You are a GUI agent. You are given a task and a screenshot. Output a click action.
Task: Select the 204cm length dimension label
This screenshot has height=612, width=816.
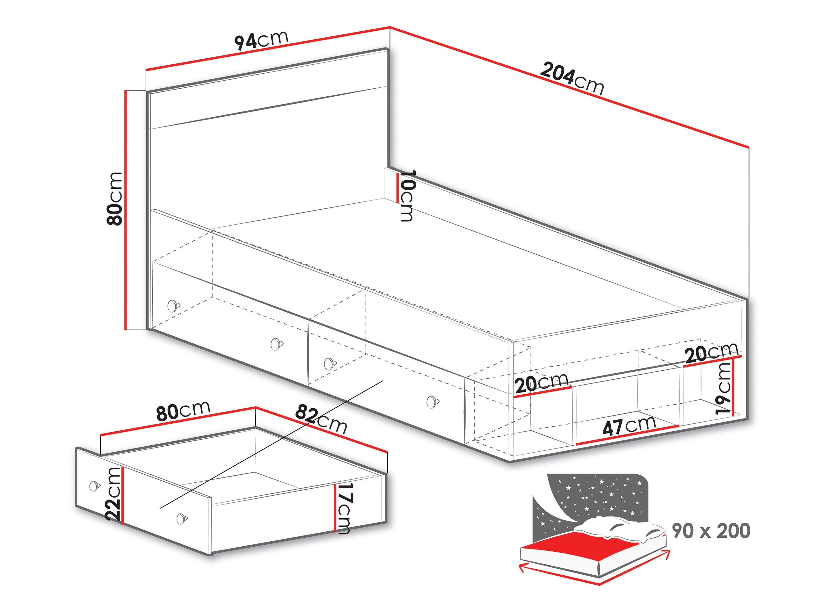(x=572, y=79)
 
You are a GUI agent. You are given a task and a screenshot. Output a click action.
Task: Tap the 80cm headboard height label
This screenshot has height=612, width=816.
(x=114, y=199)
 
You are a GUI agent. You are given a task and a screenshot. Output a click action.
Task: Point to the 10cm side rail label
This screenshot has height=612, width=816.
(x=407, y=195)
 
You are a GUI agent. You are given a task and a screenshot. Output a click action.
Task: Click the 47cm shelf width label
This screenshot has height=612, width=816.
(x=629, y=426)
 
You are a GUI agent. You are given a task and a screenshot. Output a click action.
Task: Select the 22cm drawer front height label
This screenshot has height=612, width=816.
(x=113, y=494)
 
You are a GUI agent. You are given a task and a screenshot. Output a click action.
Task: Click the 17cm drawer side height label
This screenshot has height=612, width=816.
(x=345, y=508)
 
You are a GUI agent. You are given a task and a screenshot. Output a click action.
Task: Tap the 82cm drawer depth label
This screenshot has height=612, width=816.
(x=321, y=419)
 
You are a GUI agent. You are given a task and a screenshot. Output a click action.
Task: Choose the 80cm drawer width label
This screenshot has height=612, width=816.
(x=183, y=411)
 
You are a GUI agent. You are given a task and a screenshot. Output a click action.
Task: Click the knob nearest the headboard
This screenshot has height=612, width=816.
(x=173, y=306)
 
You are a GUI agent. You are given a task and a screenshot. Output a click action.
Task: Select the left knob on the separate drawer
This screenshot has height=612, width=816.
(x=95, y=486)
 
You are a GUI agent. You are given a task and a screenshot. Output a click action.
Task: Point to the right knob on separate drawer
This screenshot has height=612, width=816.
(x=181, y=519)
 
